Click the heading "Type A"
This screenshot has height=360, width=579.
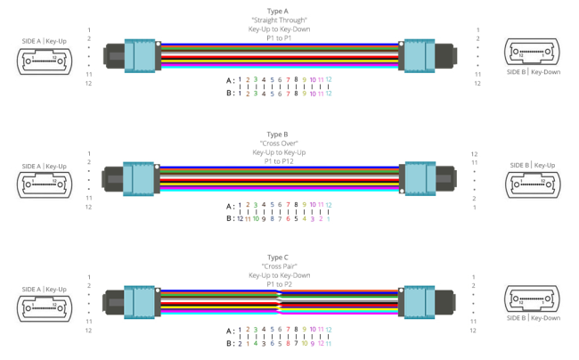click(279, 12)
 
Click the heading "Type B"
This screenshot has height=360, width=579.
click(279, 134)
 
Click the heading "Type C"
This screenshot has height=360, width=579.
click(279, 257)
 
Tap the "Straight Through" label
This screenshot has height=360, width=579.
click(279, 20)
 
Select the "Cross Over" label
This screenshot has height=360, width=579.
click(279, 143)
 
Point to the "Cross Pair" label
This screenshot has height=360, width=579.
click(279, 266)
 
